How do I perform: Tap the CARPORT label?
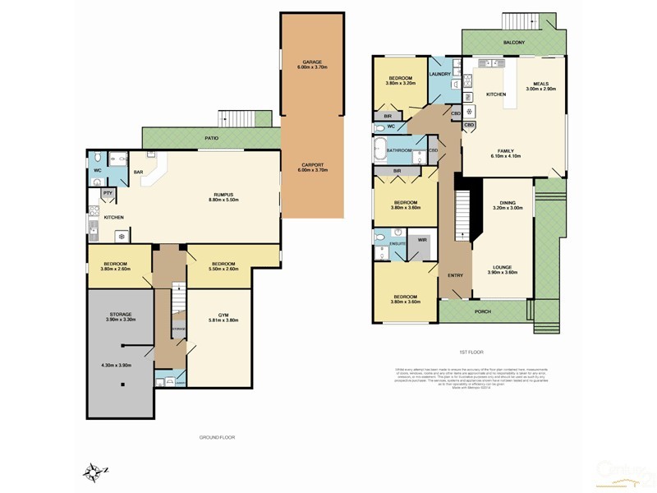click(x=311, y=165)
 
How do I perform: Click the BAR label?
click(x=139, y=173)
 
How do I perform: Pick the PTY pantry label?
click(x=108, y=193)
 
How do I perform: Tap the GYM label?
click(x=223, y=315)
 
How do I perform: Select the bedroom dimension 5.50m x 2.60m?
click(x=223, y=270)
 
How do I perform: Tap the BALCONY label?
click(x=513, y=42)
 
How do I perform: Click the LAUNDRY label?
click(x=440, y=74)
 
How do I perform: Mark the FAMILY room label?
click(x=503, y=150)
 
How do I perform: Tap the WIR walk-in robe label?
click(x=423, y=240)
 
